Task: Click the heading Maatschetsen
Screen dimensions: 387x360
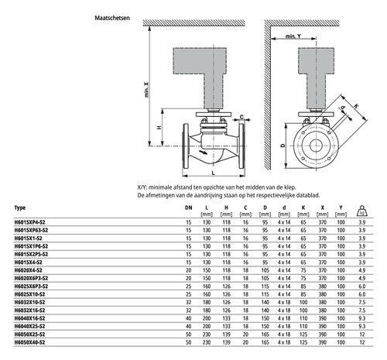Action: pos(112,18)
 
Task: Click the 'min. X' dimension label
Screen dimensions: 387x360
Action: pos(146,90)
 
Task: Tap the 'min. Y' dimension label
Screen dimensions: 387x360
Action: pos(293,36)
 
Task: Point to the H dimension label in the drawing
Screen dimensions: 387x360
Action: pos(159,127)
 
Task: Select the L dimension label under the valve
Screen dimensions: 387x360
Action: pos(214,173)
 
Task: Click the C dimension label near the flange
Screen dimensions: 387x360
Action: pos(241,117)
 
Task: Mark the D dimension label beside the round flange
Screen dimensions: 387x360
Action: pos(283,146)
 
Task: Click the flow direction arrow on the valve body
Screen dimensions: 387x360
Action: pos(203,152)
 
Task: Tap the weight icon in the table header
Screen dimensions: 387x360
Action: pos(362,211)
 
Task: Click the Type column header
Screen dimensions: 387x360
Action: pos(20,207)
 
